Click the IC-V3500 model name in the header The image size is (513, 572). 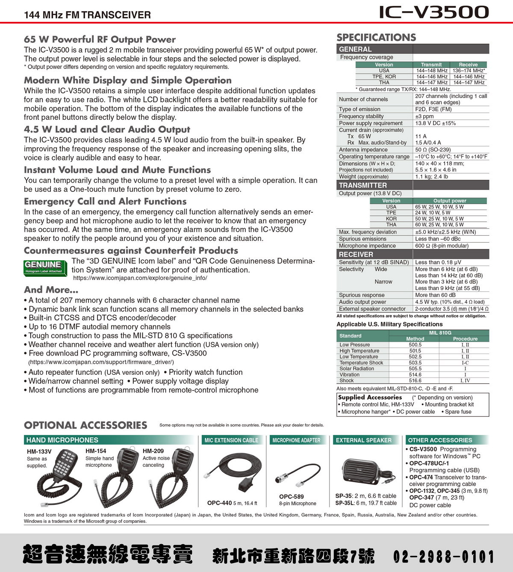pyautogui.click(x=433, y=12)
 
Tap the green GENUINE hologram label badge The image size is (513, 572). pyautogui.click(x=44, y=267)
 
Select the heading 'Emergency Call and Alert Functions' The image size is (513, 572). pyautogui.click(x=105, y=202)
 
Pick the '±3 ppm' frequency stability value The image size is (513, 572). pyautogui.click(x=424, y=116)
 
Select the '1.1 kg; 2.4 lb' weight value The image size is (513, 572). pyautogui.click(x=431, y=177)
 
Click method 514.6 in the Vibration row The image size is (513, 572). pyautogui.click(x=415, y=375)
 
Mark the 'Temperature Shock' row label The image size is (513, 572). pyautogui.click(x=361, y=363)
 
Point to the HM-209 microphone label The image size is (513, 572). pyautogui.click(x=153, y=451)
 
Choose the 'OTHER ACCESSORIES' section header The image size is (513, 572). pyautogui.click(x=440, y=440)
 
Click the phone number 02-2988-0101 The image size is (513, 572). pyautogui.click(x=443, y=557)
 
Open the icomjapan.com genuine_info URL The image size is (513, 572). pyautogui.click(x=140, y=278)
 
